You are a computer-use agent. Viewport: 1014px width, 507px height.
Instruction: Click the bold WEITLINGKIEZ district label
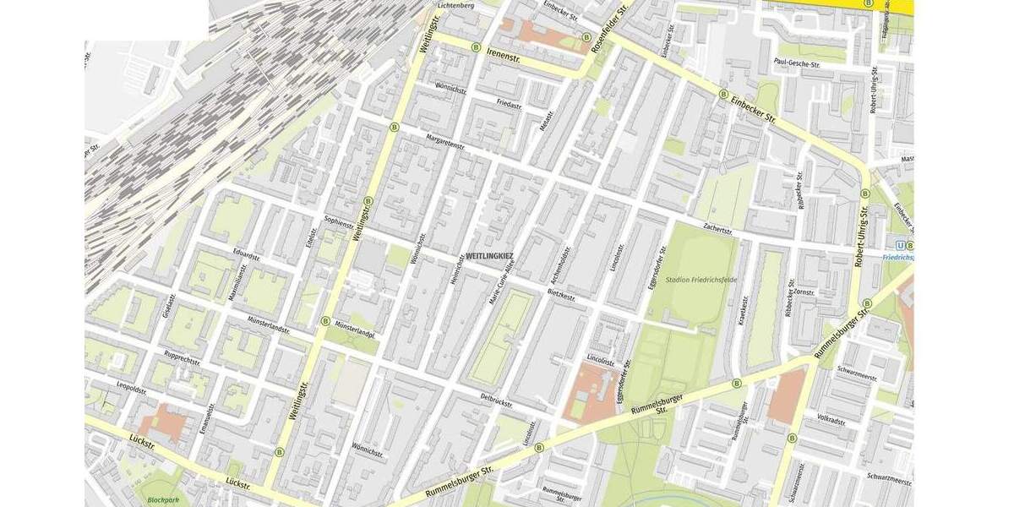(489, 254)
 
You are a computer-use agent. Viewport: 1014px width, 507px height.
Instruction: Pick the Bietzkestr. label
(561, 297)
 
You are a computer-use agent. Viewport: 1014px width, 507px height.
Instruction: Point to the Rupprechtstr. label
(183, 359)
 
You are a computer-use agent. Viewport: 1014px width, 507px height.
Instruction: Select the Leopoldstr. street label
(132, 390)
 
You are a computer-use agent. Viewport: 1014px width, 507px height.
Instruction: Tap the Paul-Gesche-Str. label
(797, 64)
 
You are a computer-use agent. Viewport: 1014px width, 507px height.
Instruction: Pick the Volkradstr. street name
(831, 419)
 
